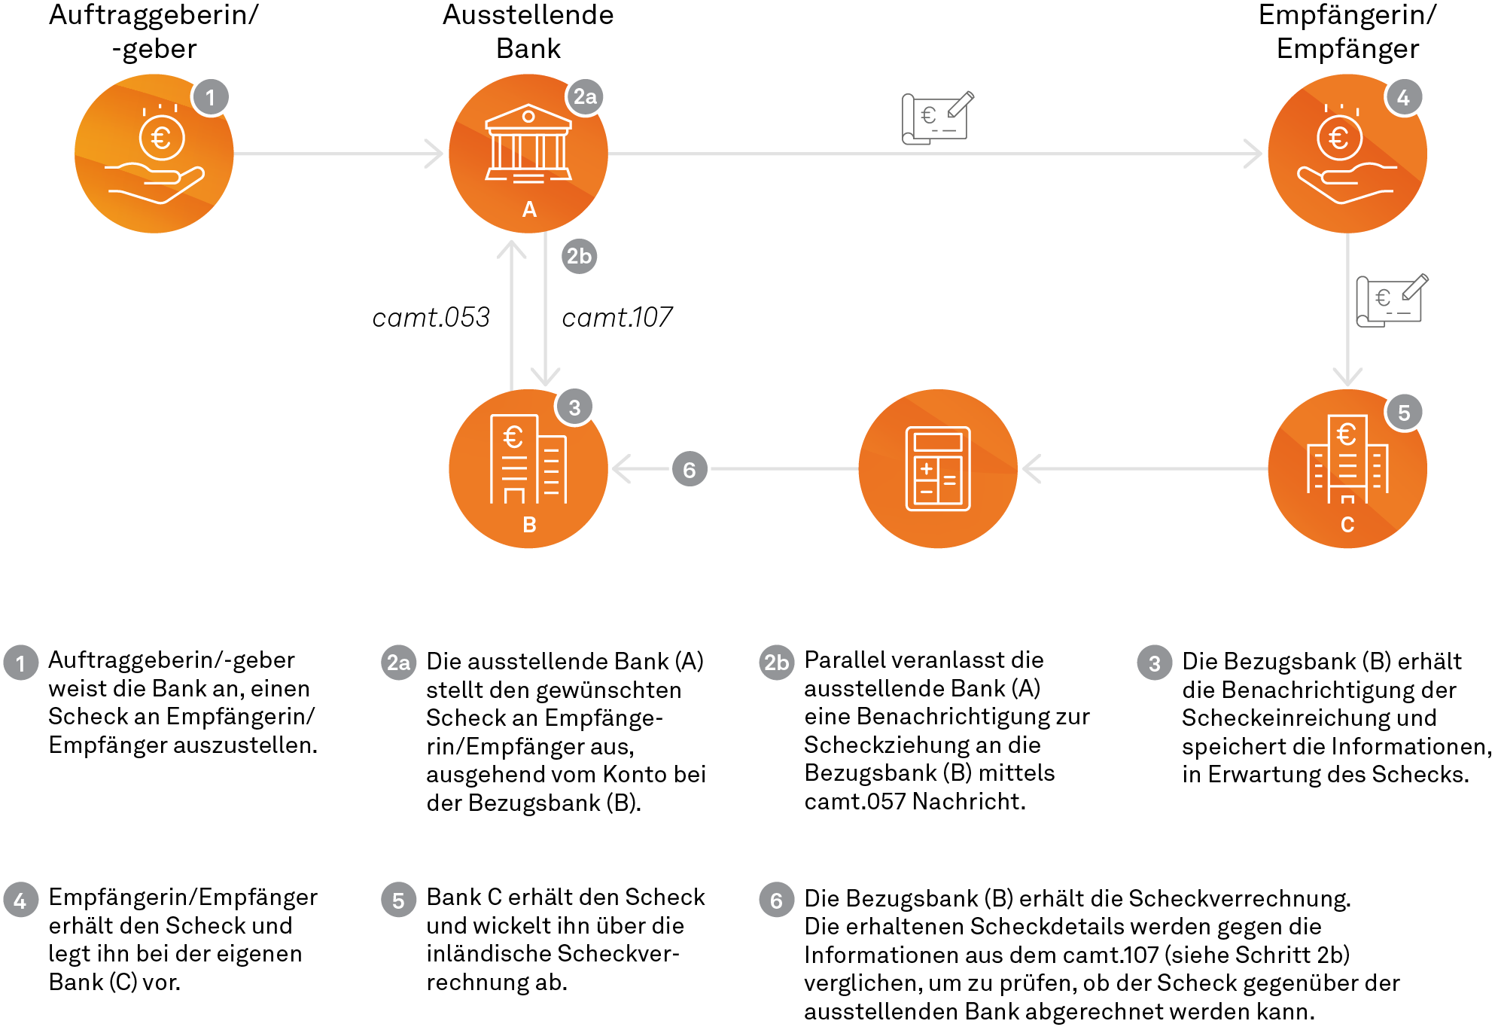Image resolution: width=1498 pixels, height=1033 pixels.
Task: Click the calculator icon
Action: pos(937,468)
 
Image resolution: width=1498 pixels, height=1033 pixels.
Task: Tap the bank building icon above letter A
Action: pos(528,143)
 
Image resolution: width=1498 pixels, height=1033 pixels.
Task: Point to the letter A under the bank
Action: pos(529,209)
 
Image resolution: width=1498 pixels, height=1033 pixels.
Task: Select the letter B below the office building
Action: pos(529,525)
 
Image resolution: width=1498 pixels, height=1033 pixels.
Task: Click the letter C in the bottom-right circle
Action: pos(1347,525)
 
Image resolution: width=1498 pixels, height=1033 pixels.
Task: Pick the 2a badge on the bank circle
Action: pos(585,96)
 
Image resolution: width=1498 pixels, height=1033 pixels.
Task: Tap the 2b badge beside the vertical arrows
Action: pos(579,256)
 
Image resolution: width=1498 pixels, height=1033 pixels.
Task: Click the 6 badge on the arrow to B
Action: pos(690,469)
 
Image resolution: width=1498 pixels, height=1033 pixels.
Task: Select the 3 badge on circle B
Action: pos(575,407)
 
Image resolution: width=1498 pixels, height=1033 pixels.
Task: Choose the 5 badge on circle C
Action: pos(1404,412)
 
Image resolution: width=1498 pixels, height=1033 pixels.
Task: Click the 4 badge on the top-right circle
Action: pos(1404,96)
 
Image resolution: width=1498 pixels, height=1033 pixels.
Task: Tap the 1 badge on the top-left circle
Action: pos(211,97)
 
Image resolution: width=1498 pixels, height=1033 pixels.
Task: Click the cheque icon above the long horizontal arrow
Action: pos(937,117)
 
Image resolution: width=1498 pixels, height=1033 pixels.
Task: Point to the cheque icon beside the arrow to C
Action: pos(1391,300)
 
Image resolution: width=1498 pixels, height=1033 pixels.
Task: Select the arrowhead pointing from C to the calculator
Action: pos(1031,468)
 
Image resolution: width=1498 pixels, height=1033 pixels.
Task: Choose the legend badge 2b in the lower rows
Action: pos(776,663)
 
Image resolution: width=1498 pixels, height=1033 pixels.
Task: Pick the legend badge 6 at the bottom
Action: pos(776,900)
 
